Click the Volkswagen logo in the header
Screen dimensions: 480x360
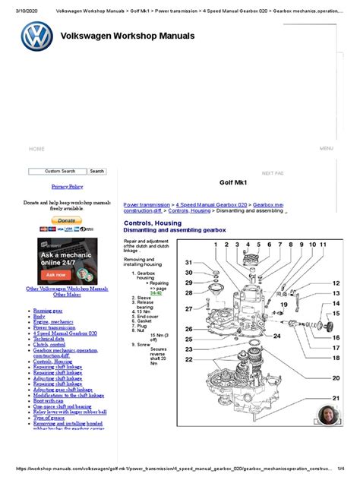tap(36, 37)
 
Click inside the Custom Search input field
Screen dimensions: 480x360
tap(58, 172)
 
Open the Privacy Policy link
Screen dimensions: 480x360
tap(68, 186)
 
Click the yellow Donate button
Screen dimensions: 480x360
tap(66, 220)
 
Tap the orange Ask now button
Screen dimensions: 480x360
tap(56, 274)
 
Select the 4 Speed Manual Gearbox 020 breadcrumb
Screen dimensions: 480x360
tap(212, 205)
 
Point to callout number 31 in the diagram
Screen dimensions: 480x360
tap(188, 262)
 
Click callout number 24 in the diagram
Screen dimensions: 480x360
tap(278, 335)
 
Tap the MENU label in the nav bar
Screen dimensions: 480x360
tap(327, 149)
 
